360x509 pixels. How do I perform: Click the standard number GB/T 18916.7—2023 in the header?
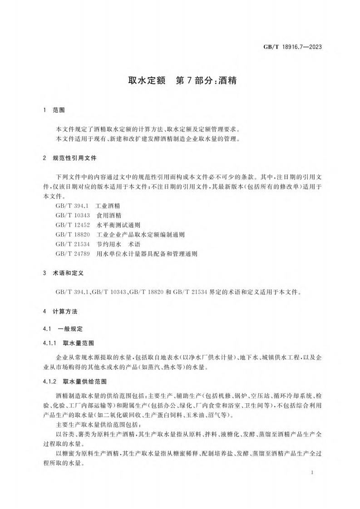(x=292, y=47)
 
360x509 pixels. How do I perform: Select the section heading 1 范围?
(x=54, y=110)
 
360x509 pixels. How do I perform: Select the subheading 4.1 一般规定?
(x=63, y=328)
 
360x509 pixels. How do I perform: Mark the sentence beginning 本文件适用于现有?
(x=147, y=138)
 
